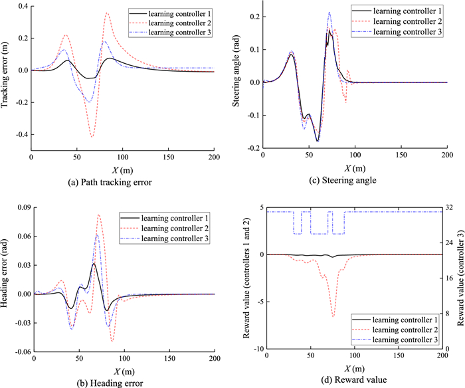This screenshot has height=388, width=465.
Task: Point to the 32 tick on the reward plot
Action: [x=450, y=207]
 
